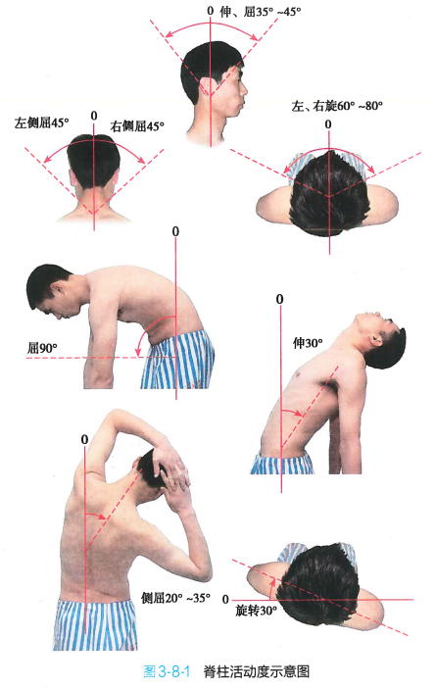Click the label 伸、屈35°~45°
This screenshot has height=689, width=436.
(x=261, y=12)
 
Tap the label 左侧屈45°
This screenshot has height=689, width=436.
(x=42, y=123)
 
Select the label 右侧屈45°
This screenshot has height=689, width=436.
(x=137, y=126)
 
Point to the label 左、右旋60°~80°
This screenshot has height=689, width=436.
(x=337, y=106)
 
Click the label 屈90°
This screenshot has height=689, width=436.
(x=42, y=349)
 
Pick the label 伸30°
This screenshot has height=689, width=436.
(x=308, y=343)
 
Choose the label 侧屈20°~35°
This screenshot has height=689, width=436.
(x=175, y=598)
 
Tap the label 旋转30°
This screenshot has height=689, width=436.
(x=257, y=611)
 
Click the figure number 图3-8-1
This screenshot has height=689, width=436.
(x=167, y=671)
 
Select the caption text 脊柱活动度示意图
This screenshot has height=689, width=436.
(x=257, y=671)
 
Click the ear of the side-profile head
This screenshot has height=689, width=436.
(x=207, y=86)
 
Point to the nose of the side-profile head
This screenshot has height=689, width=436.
(x=244, y=90)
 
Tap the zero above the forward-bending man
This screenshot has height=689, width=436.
(x=175, y=231)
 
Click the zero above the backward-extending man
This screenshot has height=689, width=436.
(x=279, y=299)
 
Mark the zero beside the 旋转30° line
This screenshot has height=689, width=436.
(x=225, y=600)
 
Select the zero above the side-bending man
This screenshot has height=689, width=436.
(x=84, y=439)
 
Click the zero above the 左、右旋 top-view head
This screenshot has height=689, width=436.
(x=328, y=124)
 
